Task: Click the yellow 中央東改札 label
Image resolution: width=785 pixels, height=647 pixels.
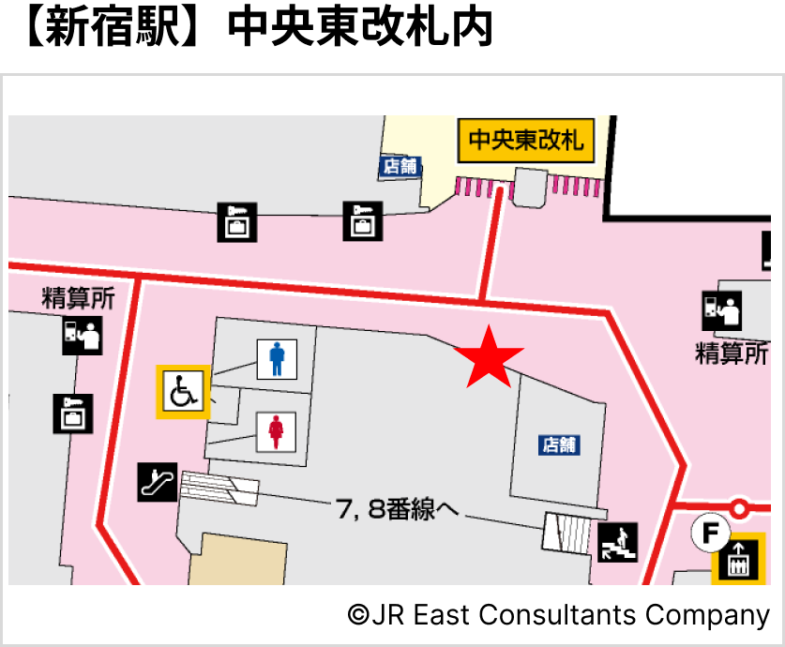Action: (x=526, y=141)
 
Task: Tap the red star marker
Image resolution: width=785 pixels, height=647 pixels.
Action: (x=489, y=357)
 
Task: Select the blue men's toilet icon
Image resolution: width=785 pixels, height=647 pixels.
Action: (x=277, y=359)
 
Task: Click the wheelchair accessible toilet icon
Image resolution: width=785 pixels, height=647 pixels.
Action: (x=183, y=391)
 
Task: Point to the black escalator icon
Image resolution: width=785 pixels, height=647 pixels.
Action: (x=157, y=482)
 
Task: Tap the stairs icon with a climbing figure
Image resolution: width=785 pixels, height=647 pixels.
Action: (x=619, y=541)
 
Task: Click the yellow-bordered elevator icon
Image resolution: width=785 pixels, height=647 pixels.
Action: (x=738, y=563)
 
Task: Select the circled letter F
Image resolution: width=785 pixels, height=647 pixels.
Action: (x=710, y=534)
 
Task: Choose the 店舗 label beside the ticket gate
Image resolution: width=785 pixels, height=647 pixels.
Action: (x=400, y=166)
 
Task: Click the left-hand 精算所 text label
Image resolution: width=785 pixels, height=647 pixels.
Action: (x=79, y=299)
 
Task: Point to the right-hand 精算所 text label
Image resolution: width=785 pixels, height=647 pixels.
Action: (x=732, y=354)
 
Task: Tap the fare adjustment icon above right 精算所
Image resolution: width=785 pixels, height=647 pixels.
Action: (x=722, y=311)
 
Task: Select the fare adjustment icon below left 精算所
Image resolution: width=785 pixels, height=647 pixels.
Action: (x=82, y=335)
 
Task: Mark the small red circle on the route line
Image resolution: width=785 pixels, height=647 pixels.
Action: (x=740, y=509)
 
